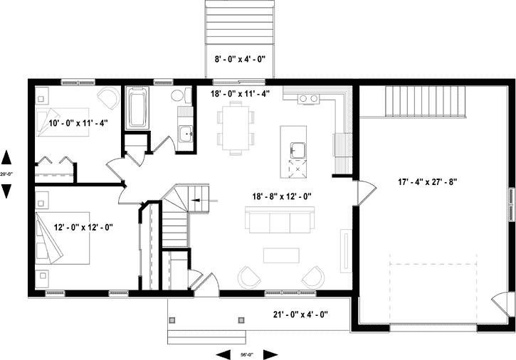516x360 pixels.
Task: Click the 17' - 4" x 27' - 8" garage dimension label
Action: [x=427, y=182]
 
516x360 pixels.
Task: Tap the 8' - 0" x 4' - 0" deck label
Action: [x=241, y=60]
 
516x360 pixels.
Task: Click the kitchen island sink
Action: [x=296, y=150]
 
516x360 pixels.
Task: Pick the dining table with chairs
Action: [x=236, y=127]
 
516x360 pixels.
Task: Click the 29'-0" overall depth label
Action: [x=7, y=173]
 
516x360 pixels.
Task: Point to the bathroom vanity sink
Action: [x=185, y=132]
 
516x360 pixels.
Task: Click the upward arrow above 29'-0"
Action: [x=7, y=157]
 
